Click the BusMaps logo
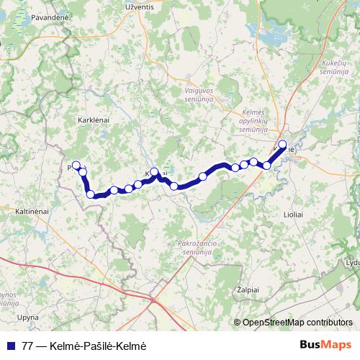point(326,345)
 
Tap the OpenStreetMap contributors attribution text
point(297,323)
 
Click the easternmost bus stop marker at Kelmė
point(283,144)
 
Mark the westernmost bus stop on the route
point(76,165)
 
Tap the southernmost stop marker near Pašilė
point(91,194)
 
